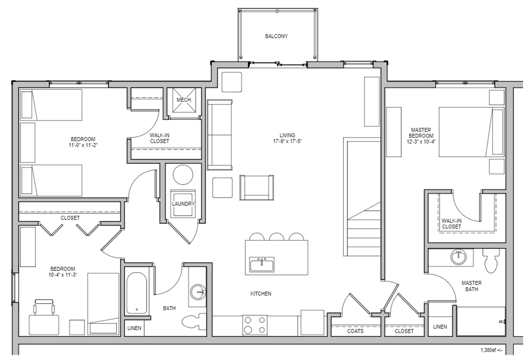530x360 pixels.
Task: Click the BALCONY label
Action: pos(276,36)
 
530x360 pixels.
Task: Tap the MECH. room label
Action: pos(183,100)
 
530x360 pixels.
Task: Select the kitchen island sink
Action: pos(262,264)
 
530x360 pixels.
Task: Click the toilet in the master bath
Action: pos(491,261)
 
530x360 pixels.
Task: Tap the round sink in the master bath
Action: pos(459,258)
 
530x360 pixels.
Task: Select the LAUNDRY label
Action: pos(183,204)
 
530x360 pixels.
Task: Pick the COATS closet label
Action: pos(355,331)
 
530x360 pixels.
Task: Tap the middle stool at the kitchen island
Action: pos(276,237)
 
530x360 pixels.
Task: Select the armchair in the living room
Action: pos(257,188)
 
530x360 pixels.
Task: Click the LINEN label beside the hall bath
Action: pos(134,328)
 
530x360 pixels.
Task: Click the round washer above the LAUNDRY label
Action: pos(183,176)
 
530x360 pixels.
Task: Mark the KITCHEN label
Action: pos(261,294)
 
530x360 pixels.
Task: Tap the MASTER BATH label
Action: pos(472,286)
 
